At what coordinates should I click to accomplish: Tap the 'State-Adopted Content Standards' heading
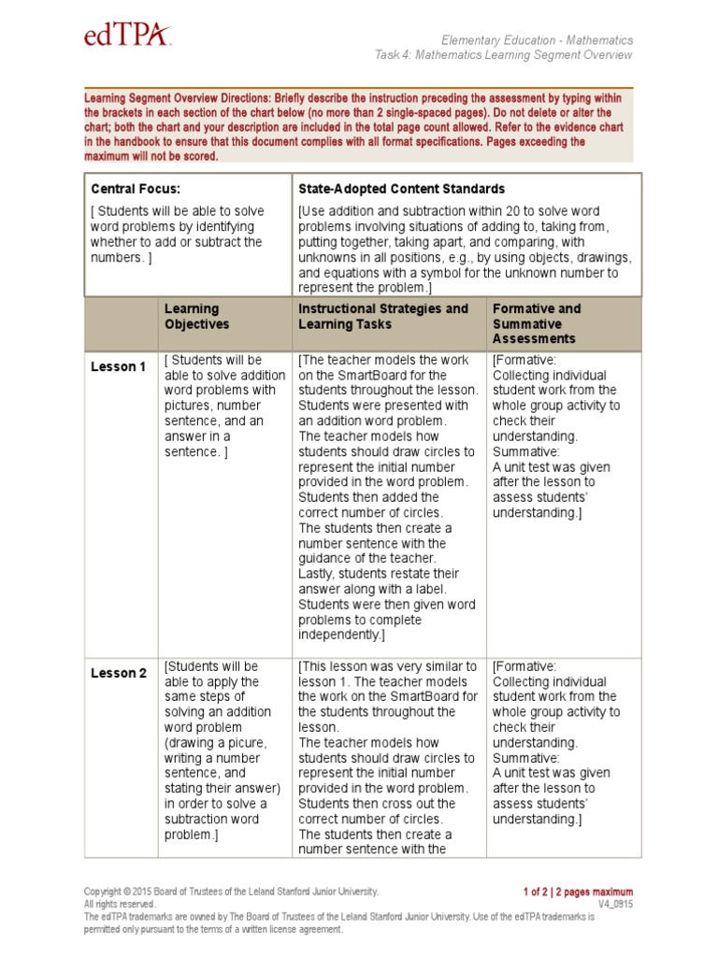click(x=401, y=189)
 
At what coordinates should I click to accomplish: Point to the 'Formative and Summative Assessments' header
click(x=537, y=323)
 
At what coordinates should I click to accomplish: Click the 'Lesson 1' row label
click(x=118, y=367)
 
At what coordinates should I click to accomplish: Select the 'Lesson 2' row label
click(x=118, y=674)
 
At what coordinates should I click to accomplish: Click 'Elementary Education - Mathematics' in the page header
click(x=538, y=40)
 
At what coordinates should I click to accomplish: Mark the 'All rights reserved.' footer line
click(x=120, y=905)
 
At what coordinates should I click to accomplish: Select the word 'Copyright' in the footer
click(x=104, y=893)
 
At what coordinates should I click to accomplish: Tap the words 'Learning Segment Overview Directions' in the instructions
click(x=177, y=97)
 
